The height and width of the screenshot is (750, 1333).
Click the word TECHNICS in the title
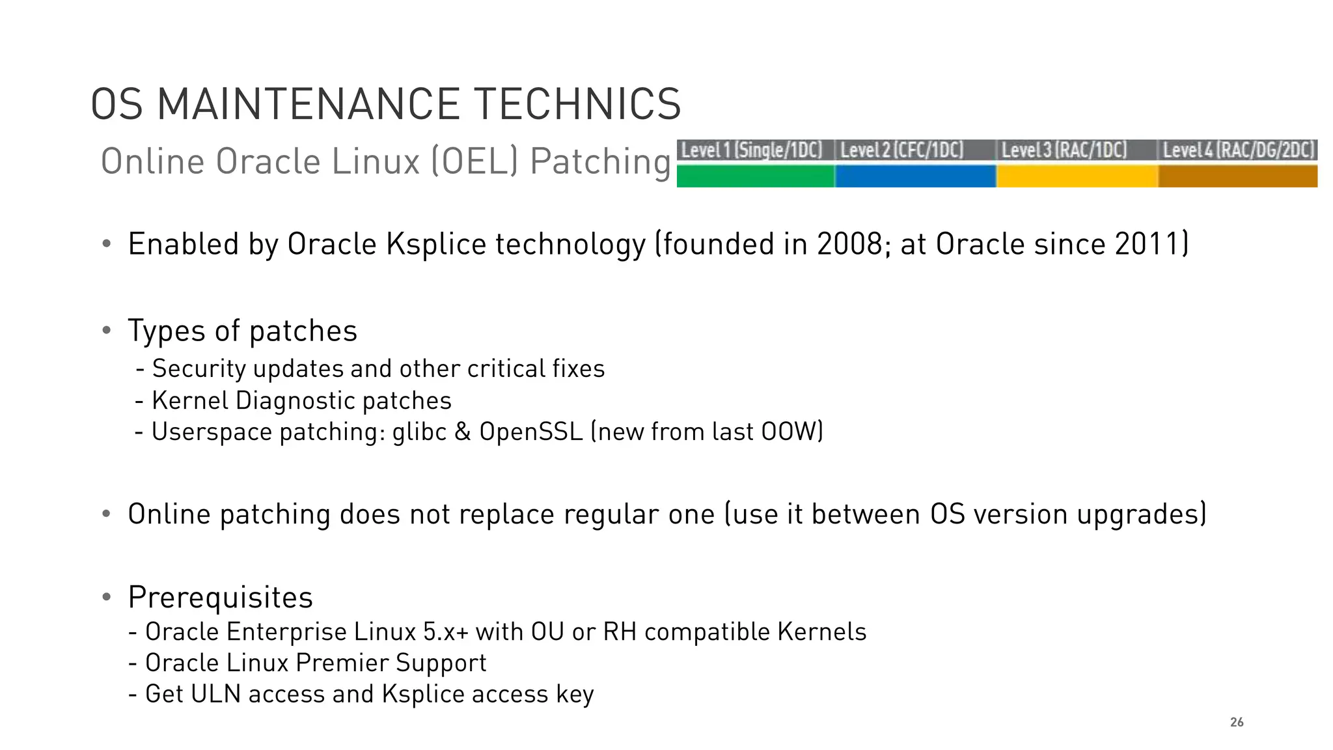click(x=577, y=104)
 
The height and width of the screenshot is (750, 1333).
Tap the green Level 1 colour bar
click(x=755, y=176)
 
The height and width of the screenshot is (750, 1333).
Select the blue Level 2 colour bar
click(x=915, y=176)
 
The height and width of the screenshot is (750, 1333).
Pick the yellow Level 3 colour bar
click(x=1077, y=176)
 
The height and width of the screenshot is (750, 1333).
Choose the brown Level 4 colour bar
click(x=1237, y=176)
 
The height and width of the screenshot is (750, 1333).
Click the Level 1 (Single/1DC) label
click(x=752, y=150)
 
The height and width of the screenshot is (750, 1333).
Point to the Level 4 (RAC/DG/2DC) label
click(x=1239, y=150)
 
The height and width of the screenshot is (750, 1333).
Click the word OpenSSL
click(x=530, y=432)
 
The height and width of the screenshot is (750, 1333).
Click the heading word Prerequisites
click(x=221, y=598)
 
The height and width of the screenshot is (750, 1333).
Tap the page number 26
click(x=1237, y=722)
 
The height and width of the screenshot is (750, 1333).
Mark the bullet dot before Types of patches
click(x=107, y=331)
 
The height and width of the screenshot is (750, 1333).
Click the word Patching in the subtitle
click(x=600, y=161)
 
